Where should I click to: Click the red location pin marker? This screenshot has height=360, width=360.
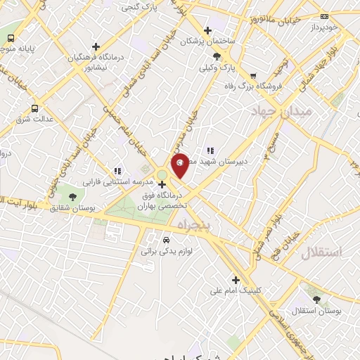(x=181, y=165)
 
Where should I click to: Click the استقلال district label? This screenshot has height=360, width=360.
(x=321, y=252)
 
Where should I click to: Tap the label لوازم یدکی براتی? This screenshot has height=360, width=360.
(x=167, y=250)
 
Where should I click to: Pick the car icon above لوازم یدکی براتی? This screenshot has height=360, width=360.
(x=166, y=240)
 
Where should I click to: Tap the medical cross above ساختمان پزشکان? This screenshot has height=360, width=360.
(x=207, y=30)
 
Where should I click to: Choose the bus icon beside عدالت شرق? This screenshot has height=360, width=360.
(x=34, y=108)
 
